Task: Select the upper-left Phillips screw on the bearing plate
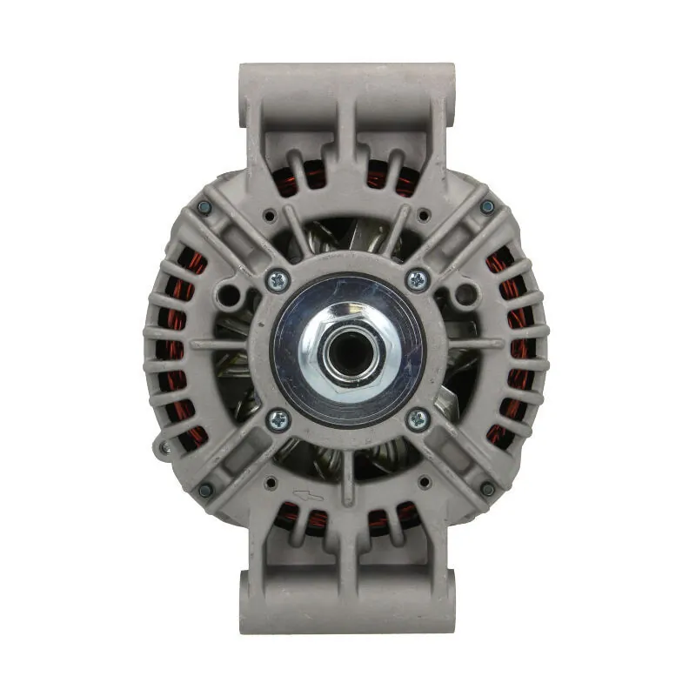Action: [278, 279]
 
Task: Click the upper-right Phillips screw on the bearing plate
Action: [417, 279]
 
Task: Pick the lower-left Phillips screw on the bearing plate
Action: [278, 418]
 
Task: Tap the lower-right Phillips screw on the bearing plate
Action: [417, 418]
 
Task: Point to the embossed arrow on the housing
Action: [308, 496]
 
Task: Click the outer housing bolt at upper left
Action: [204, 207]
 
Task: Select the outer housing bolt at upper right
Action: [487, 207]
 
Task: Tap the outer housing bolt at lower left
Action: [205, 490]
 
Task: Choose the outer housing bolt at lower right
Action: [487, 490]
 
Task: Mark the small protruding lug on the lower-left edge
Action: [162, 447]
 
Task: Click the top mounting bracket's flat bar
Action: [347, 75]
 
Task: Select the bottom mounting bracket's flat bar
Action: [347, 619]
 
